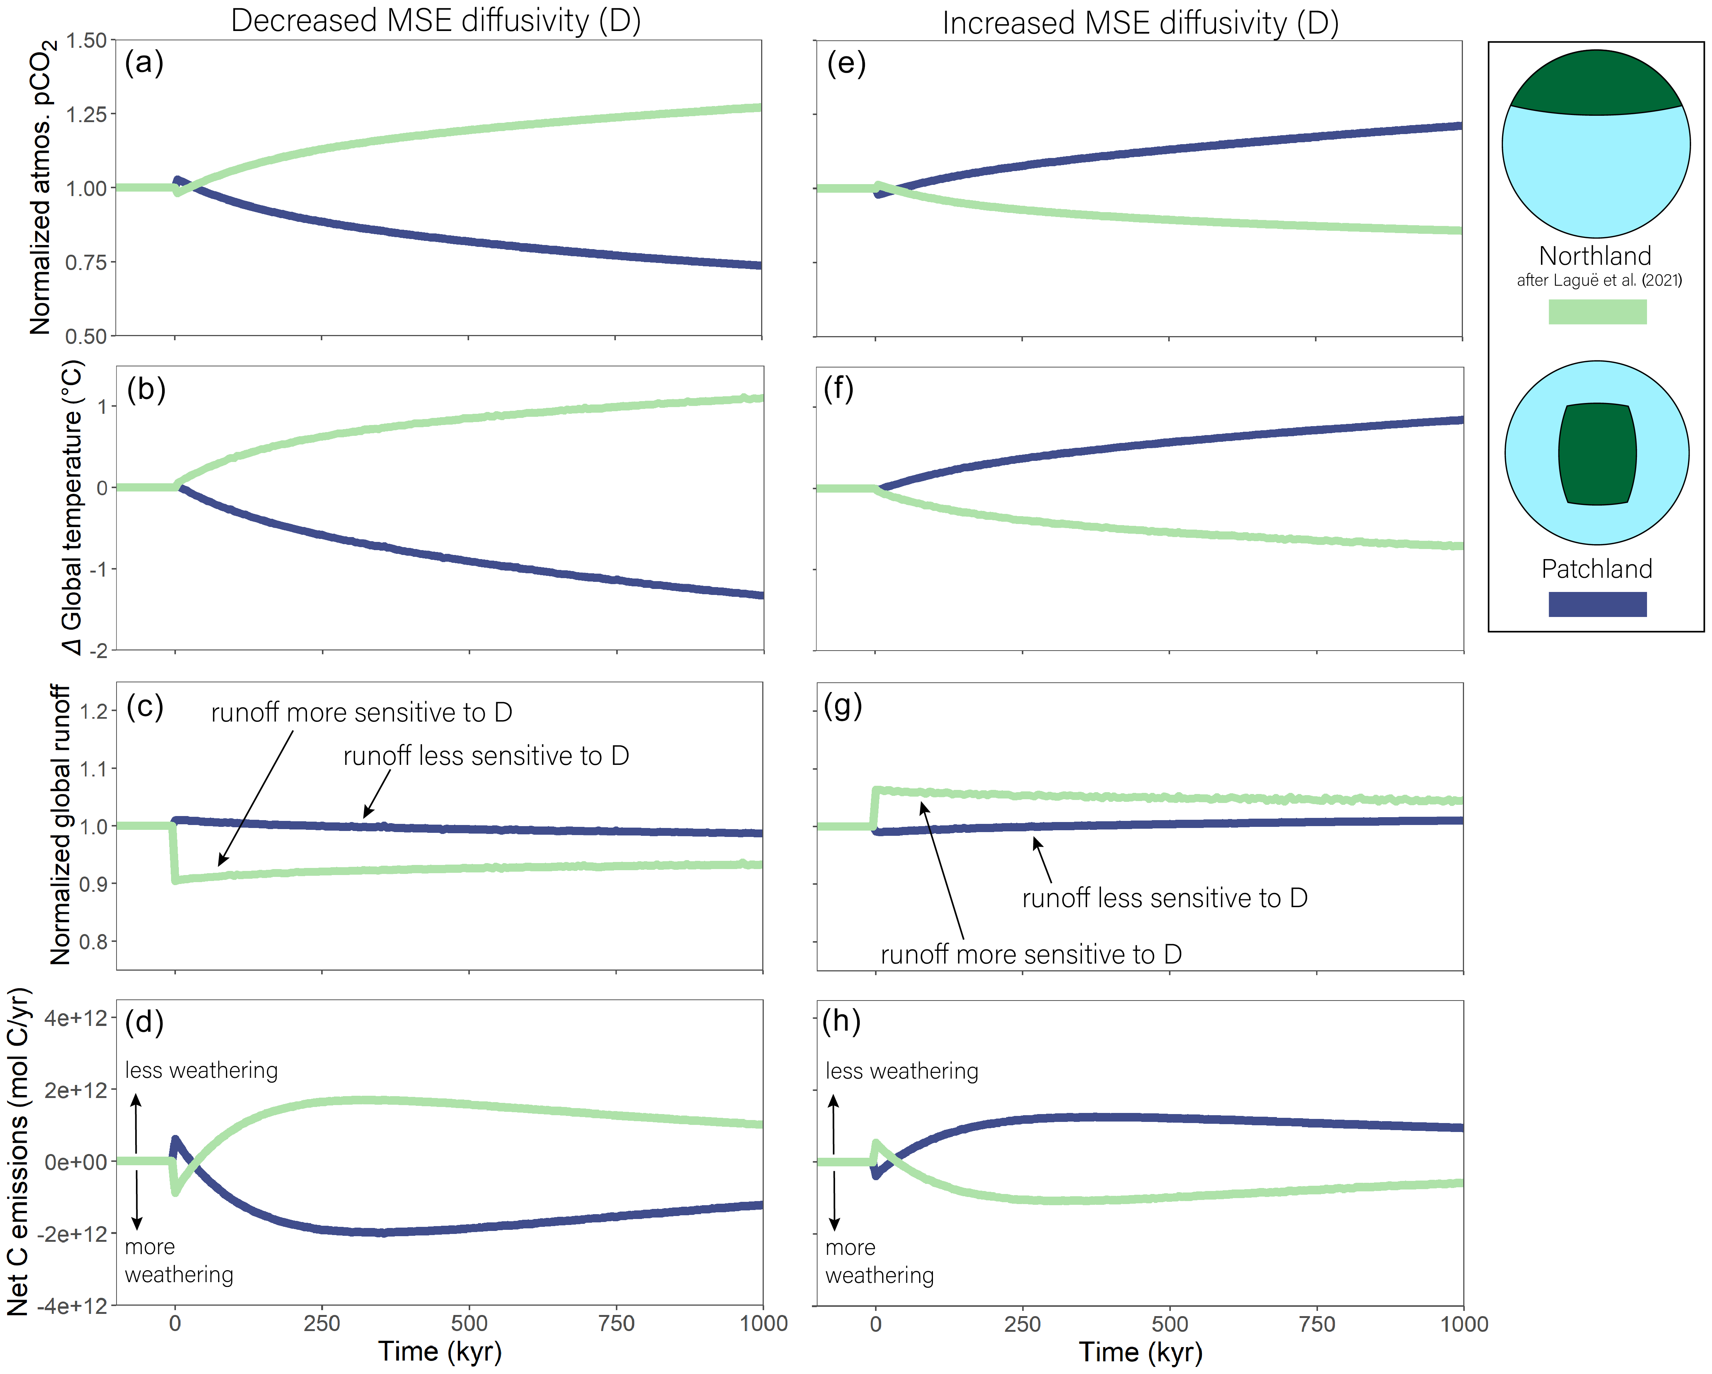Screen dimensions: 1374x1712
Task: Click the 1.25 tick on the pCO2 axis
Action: click(x=86, y=114)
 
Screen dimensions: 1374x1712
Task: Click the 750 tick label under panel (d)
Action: click(x=616, y=1323)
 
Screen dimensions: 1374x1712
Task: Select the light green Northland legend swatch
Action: click(x=1597, y=311)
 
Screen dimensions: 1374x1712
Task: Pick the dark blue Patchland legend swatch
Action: click(x=1597, y=604)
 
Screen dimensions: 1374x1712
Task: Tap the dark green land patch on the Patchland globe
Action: click(x=1597, y=453)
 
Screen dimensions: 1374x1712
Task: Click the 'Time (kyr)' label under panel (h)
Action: click(x=1140, y=1352)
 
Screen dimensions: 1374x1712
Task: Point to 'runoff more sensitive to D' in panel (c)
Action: click(x=361, y=713)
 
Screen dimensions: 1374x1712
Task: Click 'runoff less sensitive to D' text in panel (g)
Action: click(x=1164, y=898)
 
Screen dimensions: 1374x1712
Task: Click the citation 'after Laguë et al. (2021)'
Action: click(x=1598, y=280)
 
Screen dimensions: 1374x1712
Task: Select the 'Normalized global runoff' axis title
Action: click(x=61, y=824)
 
